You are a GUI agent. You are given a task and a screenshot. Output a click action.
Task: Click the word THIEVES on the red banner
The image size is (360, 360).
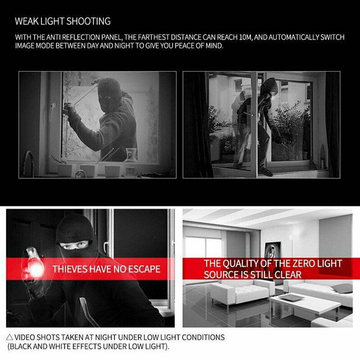(x=70, y=269)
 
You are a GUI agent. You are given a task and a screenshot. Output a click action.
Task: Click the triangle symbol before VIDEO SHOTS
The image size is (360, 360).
(x=9, y=337)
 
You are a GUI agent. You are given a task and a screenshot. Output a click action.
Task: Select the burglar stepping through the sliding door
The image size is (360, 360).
(x=261, y=121)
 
